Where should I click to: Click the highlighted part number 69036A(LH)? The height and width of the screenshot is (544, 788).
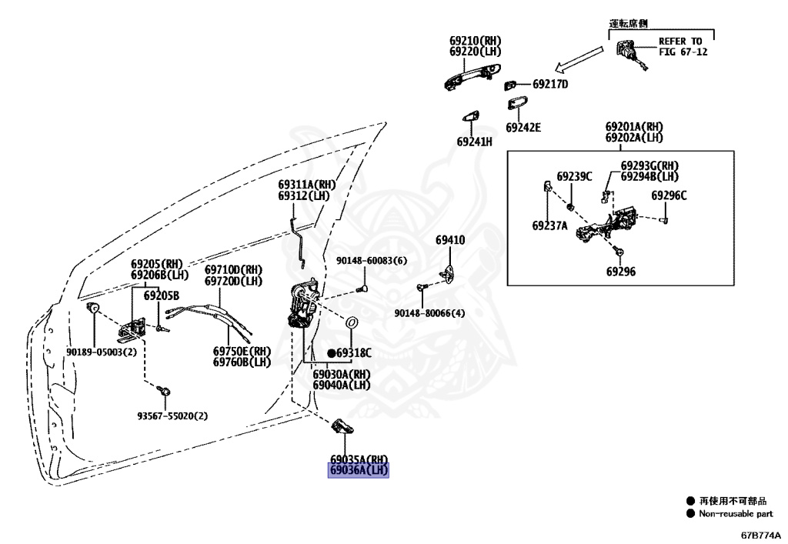(359, 471)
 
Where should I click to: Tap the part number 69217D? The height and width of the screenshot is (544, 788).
(550, 85)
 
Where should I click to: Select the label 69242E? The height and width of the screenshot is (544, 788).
(523, 128)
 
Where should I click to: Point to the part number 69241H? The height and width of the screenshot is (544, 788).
(474, 142)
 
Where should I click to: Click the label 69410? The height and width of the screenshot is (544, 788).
(450, 240)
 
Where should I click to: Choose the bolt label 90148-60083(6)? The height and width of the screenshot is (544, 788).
(372, 261)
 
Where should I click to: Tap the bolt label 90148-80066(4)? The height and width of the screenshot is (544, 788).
(429, 313)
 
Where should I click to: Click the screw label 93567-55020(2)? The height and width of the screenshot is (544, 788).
(172, 416)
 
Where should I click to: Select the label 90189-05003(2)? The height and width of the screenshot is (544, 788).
(102, 352)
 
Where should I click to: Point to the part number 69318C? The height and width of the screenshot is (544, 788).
(354, 354)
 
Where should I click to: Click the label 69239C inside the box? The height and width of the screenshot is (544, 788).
(574, 177)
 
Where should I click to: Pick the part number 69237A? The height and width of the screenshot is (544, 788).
(549, 226)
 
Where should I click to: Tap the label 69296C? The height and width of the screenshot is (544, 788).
(669, 196)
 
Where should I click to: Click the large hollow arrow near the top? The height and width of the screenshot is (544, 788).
(579, 60)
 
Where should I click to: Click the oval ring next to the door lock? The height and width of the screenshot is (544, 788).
(352, 322)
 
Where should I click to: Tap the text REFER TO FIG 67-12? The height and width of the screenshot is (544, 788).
(683, 47)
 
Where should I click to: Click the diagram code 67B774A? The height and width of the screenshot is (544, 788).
(761, 536)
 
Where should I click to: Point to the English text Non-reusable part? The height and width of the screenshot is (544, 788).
(736, 513)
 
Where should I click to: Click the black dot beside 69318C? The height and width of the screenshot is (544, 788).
(331, 354)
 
